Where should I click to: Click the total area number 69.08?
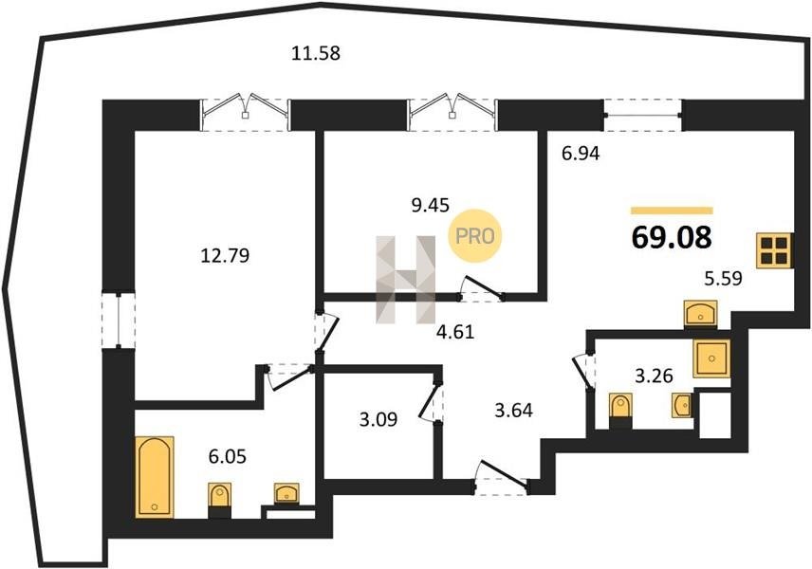(x=673, y=238)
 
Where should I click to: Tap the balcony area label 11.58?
(x=316, y=53)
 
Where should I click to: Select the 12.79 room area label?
(x=225, y=255)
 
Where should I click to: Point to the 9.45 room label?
(x=430, y=206)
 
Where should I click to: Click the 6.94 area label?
(x=581, y=154)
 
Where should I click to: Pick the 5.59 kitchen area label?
(x=723, y=279)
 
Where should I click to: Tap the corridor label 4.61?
(x=455, y=331)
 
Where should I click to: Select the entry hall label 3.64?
(x=514, y=411)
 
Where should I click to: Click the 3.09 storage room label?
(x=378, y=419)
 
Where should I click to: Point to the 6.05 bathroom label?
(x=228, y=457)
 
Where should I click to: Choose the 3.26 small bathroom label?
(x=654, y=376)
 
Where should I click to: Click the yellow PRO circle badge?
(x=475, y=236)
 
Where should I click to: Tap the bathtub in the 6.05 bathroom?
(x=155, y=477)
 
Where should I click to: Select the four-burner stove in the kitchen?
(x=775, y=251)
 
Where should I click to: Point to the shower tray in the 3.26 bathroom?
(x=712, y=358)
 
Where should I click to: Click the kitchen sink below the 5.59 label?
(x=701, y=313)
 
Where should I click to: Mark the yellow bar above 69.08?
(x=673, y=211)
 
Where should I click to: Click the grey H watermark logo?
(x=405, y=280)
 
